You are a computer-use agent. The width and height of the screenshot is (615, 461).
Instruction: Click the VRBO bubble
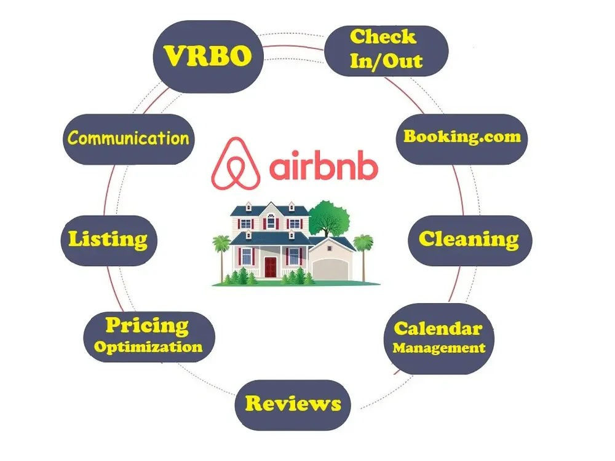coord(208,57)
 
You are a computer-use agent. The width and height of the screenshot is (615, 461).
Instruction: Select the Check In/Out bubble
coord(386,51)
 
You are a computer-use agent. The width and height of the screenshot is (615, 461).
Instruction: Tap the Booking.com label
coord(462,136)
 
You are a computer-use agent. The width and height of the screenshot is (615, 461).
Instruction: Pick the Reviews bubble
coord(293,405)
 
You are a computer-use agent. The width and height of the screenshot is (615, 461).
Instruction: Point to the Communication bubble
coord(129,139)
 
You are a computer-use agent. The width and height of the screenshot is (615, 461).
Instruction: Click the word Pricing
coord(147,325)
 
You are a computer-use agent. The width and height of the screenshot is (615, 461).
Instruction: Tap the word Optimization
coord(148,347)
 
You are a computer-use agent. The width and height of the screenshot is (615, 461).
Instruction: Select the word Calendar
coord(438,328)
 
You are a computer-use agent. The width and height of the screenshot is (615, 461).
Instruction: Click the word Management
coord(439,348)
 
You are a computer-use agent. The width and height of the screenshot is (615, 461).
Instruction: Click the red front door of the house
coord(270,267)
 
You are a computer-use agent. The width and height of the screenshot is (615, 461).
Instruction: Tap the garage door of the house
coord(330,269)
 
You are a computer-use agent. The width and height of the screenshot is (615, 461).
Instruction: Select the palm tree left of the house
coord(221,257)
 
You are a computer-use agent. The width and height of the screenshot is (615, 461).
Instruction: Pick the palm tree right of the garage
coord(363,257)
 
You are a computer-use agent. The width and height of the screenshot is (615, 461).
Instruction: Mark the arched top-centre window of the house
coord(271,221)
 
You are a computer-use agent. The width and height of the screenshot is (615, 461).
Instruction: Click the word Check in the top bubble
coord(383,37)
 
